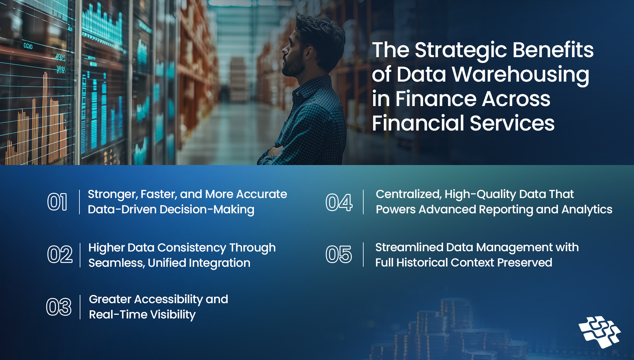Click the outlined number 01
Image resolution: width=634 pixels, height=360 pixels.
tap(57, 202)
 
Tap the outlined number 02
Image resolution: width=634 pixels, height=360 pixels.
tap(60, 255)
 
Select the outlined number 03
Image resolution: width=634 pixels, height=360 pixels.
tap(59, 307)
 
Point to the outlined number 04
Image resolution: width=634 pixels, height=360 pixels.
tap(339, 202)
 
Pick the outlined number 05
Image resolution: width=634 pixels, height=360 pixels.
tap(339, 255)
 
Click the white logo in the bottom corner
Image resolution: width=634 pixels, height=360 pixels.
tap(599, 332)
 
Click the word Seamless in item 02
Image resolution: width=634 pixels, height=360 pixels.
tap(116, 263)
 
